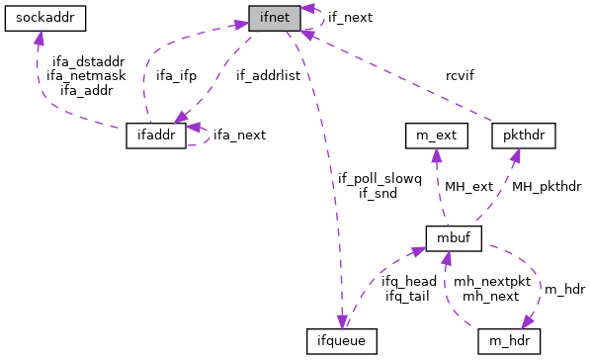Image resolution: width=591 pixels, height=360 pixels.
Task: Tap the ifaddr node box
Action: point(156,135)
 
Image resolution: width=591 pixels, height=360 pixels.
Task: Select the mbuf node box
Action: point(453,238)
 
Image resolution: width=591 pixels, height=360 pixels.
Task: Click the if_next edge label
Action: point(350,18)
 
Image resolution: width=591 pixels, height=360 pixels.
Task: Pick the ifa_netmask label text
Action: point(83,74)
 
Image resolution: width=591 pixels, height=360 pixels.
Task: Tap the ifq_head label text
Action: point(408,281)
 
